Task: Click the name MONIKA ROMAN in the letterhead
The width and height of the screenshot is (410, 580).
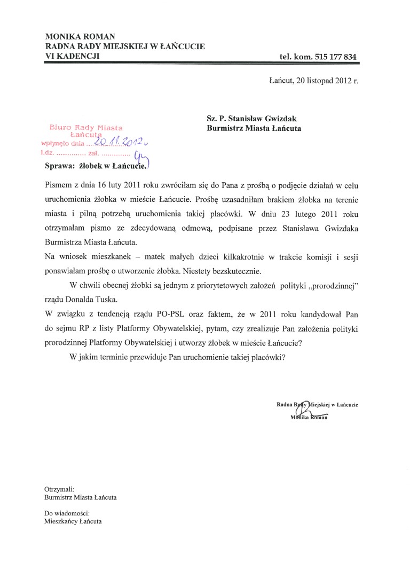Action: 80,36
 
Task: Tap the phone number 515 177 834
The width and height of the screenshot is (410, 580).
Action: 334,57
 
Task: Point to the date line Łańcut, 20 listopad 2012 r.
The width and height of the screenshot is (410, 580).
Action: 314,81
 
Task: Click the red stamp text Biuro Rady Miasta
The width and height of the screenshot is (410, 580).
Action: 86,128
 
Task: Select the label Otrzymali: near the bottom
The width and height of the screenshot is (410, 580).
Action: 59,489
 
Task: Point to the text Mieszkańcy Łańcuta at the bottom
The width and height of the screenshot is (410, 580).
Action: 73,522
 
